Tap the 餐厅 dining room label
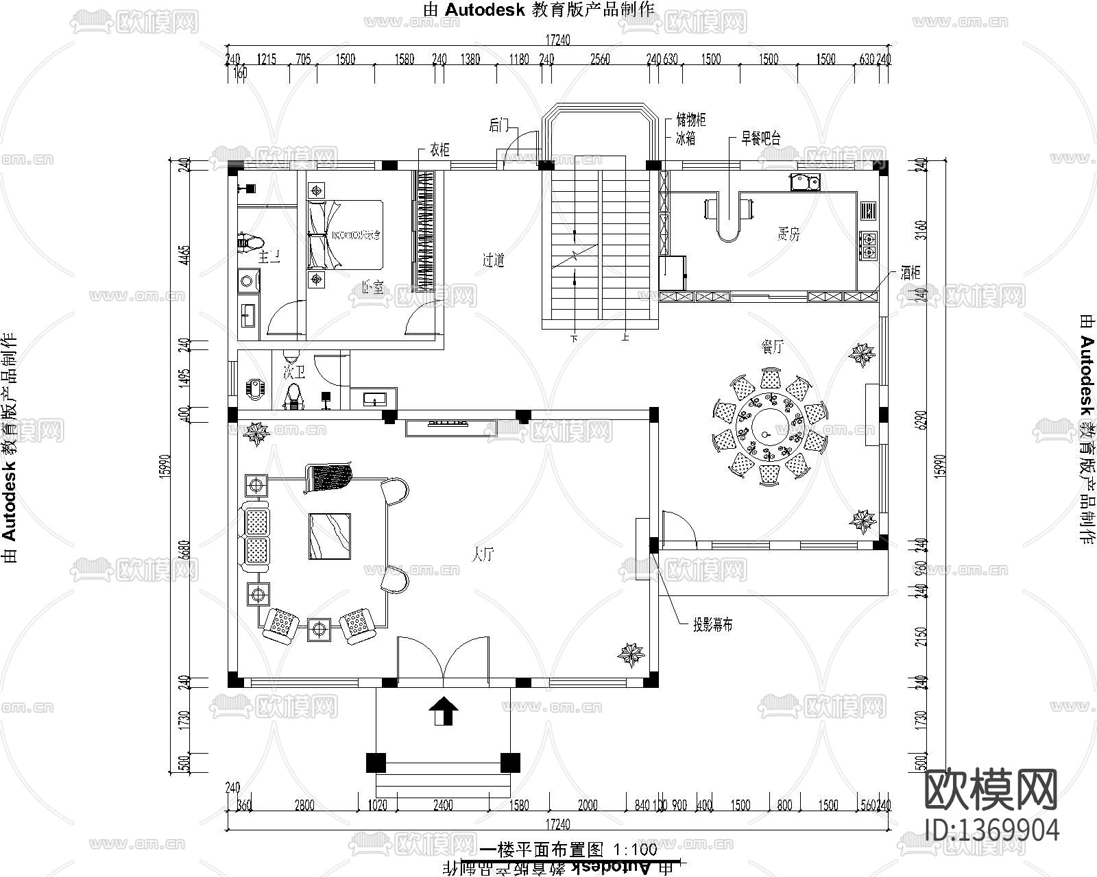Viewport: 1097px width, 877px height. click(x=772, y=347)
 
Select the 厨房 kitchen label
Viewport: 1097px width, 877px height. click(x=788, y=235)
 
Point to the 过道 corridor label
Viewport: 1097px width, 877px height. click(x=493, y=260)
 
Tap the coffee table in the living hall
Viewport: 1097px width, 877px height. click(x=330, y=536)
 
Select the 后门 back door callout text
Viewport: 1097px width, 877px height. click(x=499, y=125)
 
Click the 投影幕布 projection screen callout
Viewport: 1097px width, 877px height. click(x=712, y=625)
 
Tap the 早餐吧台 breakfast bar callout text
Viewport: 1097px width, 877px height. click(x=760, y=138)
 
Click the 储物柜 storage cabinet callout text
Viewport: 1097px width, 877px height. click(x=690, y=121)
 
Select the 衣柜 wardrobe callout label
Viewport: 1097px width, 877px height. click(x=439, y=149)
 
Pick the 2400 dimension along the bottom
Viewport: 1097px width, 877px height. click(x=443, y=806)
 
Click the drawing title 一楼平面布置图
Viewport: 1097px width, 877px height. click(x=541, y=850)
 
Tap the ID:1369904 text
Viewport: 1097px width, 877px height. click(x=991, y=830)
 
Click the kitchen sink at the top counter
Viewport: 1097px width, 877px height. click(x=804, y=182)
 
